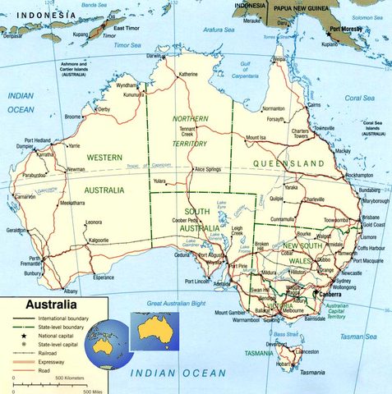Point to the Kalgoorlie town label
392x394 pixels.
click(99, 241)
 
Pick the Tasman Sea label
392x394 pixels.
click(358, 336)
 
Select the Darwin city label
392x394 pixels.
click(153, 56)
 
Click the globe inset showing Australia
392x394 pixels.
click(108, 341)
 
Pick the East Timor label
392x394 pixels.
click(127, 28)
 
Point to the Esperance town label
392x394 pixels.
click(104, 277)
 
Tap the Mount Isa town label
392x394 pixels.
click(256, 137)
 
